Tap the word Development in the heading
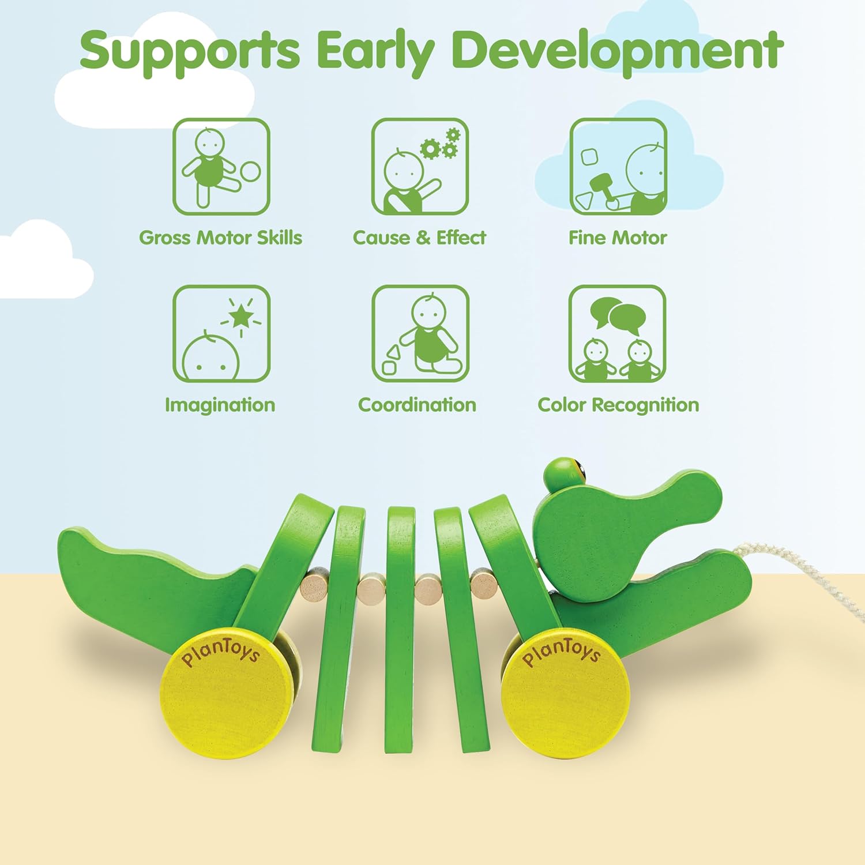click(x=617, y=52)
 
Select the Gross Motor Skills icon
click(x=221, y=167)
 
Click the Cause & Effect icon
click(x=420, y=167)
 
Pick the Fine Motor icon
click(x=618, y=167)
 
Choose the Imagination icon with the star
click(x=221, y=333)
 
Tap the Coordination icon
click(x=420, y=333)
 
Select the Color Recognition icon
click(x=617, y=333)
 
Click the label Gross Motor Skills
click(x=220, y=238)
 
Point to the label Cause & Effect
click(x=419, y=238)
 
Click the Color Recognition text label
click(x=618, y=405)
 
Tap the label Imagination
click(x=220, y=405)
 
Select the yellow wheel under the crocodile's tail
click(x=226, y=692)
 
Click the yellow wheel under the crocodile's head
click(x=565, y=692)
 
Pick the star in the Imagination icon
click(x=241, y=315)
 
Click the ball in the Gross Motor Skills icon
click(x=250, y=171)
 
